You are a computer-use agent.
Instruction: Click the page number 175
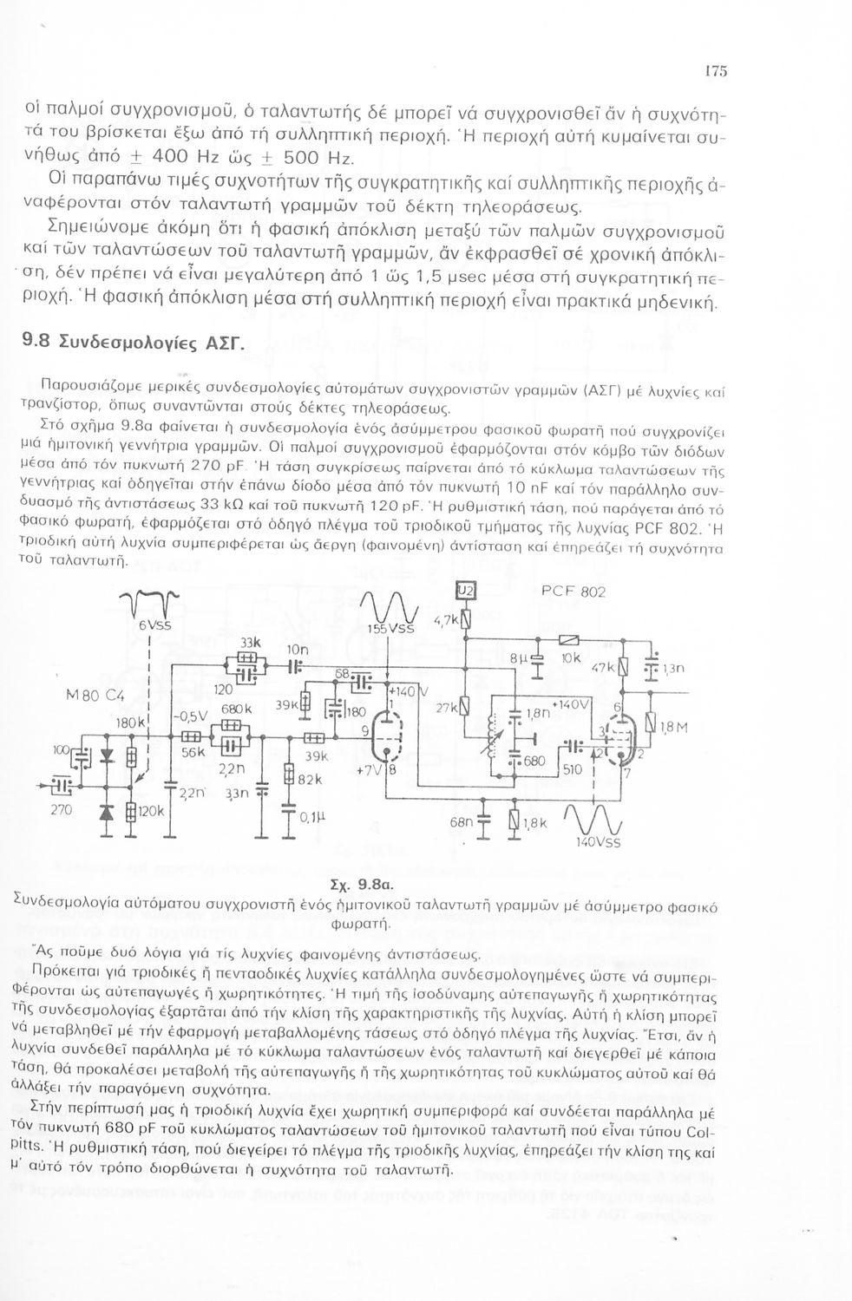(715, 72)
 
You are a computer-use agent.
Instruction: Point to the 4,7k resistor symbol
(465, 619)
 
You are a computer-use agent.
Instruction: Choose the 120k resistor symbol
(131, 812)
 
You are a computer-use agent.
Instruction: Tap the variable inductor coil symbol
(501, 727)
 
